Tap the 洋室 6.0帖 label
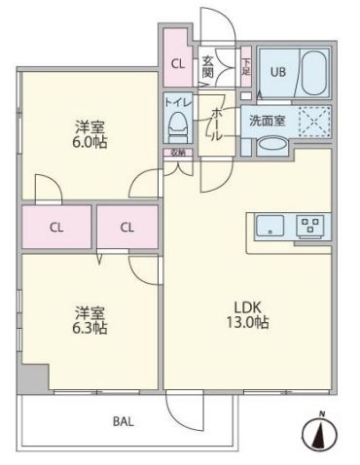click(x=90, y=132)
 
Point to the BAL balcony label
click(x=123, y=421)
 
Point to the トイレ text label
click(x=177, y=101)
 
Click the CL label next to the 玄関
click(x=176, y=64)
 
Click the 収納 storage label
click(x=177, y=153)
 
